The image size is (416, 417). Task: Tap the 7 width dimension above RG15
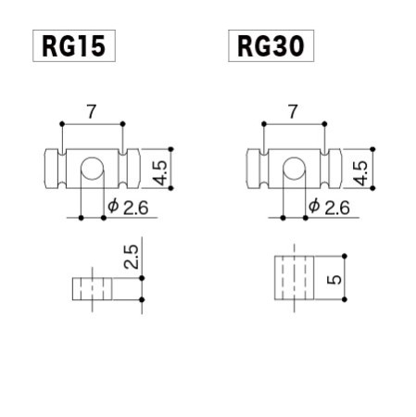(91, 110)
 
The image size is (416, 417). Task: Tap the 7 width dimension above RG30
(294, 110)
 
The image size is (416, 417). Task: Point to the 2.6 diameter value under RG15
(135, 207)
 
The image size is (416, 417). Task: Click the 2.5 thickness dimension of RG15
(131, 257)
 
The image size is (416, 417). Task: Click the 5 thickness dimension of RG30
(334, 276)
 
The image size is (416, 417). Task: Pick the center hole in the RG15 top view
(92, 170)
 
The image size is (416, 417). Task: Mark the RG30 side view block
(294, 276)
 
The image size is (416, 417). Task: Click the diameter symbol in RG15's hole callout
(112, 207)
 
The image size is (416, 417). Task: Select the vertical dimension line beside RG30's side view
(346, 276)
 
